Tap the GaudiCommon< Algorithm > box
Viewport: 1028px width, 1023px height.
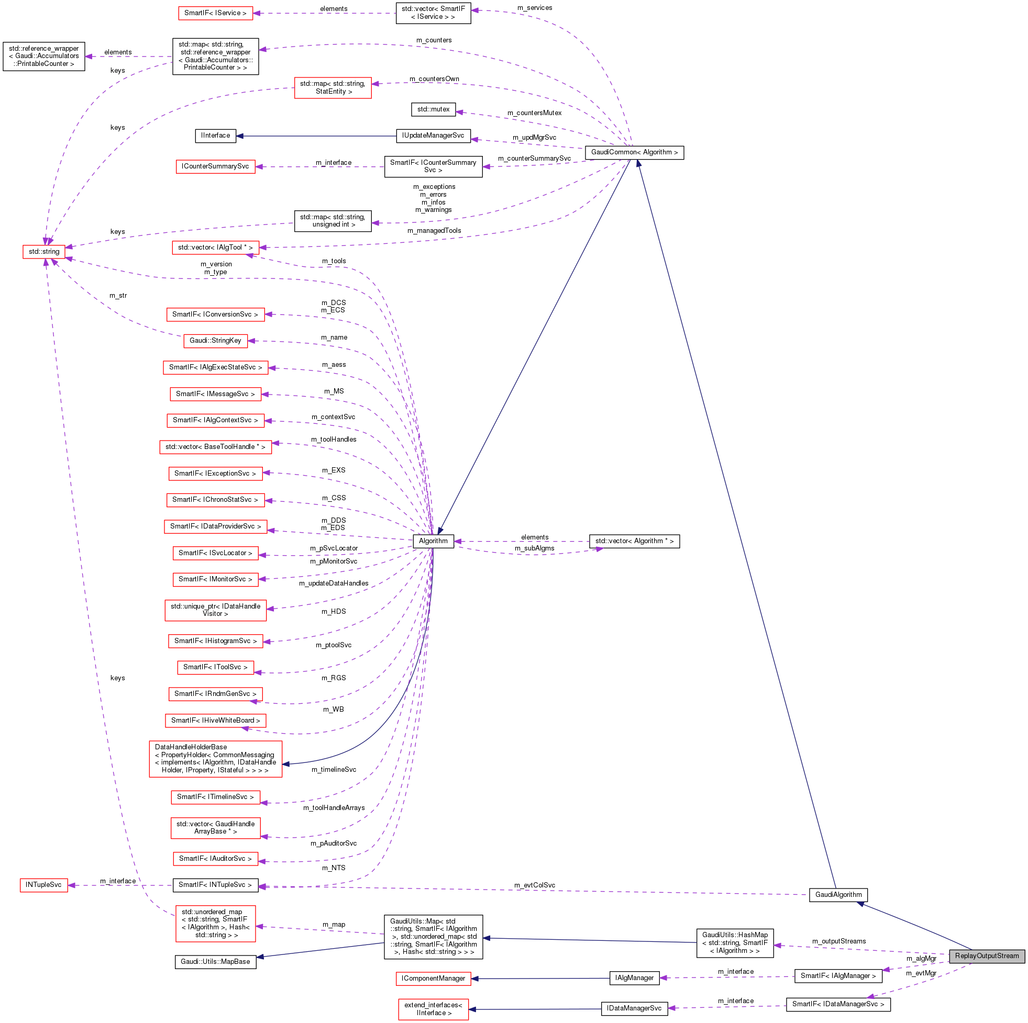(x=634, y=153)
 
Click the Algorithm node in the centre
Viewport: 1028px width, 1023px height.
(x=433, y=541)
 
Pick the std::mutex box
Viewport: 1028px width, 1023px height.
(x=433, y=109)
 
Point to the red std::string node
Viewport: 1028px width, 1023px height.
(x=43, y=252)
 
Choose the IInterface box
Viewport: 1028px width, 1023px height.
(x=215, y=136)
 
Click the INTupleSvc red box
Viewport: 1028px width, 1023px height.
(x=43, y=885)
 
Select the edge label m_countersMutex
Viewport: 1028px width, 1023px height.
(x=534, y=113)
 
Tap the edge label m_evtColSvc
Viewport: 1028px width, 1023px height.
(x=534, y=885)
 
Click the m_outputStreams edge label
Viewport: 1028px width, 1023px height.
(x=838, y=941)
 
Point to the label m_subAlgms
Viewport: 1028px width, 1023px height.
(x=534, y=548)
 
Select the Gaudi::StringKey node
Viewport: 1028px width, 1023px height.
(x=215, y=341)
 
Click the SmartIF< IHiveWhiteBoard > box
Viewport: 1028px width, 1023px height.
(x=215, y=721)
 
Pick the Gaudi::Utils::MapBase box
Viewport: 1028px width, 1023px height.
(x=215, y=961)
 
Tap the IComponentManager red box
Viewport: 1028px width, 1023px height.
(x=433, y=979)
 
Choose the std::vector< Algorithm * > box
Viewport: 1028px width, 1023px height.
(x=634, y=541)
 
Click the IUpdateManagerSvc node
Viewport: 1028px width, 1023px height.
(x=433, y=136)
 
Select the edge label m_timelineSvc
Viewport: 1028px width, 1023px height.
(x=334, y=769)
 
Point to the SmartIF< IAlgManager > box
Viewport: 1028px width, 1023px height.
(x=837, y=976)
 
